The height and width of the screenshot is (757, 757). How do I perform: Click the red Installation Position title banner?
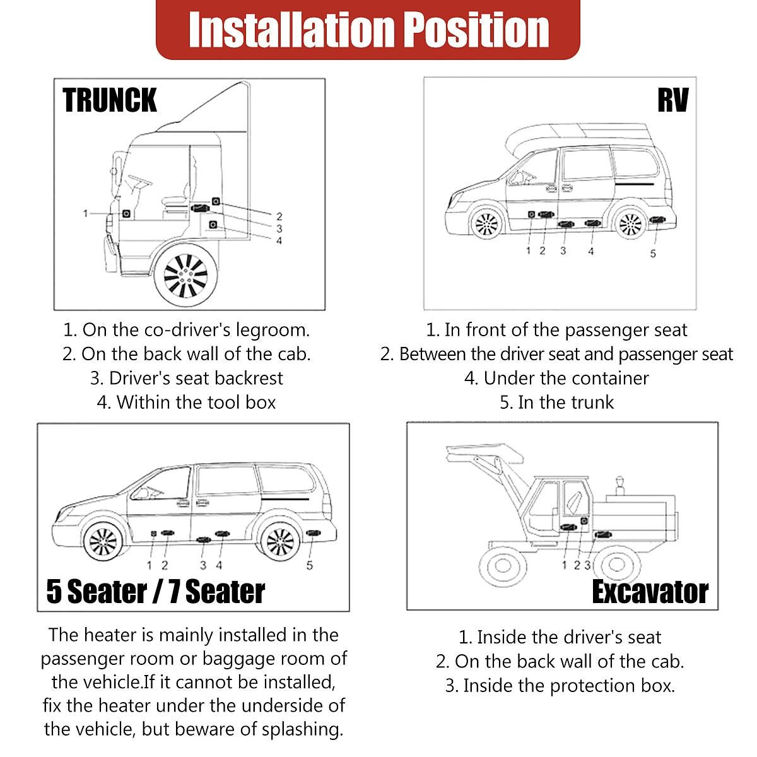click(368, 30)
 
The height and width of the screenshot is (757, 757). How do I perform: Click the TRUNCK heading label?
click(110, 101)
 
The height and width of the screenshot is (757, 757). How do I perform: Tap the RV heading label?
click(672, 101)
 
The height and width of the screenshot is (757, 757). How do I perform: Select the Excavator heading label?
click(649, 592)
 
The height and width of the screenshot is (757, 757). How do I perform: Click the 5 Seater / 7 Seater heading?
click(156, 592)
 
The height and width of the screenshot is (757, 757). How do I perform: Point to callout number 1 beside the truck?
click(86, 214)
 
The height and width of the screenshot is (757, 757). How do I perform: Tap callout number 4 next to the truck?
click(279, 240)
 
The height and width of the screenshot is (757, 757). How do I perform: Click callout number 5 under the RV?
click(653, 254)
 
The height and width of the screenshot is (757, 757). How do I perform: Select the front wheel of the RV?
click(486, 223)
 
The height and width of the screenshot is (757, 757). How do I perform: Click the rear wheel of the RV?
click(630, 223)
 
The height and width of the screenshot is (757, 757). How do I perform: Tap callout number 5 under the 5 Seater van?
click(310, 565)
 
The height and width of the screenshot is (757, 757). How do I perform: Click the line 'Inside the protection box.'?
click(560, 686)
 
